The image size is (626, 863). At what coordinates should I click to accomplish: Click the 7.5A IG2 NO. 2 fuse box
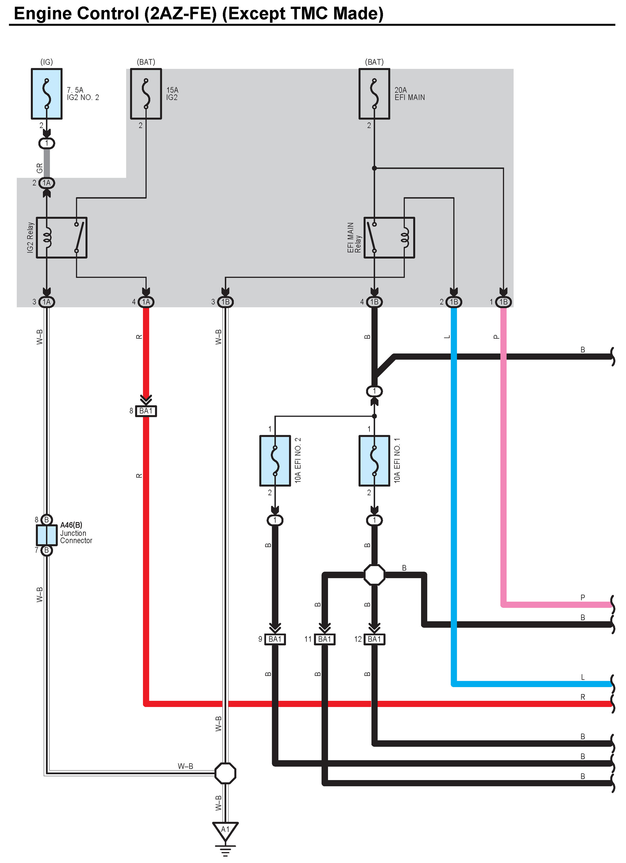click(46, 94)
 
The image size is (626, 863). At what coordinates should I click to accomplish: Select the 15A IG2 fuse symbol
click(146, 94)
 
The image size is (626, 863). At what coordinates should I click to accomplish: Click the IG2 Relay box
click(61, 238)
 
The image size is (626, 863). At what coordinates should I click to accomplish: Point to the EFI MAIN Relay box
click(389, 238)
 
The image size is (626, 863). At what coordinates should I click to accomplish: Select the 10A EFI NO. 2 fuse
click(275, 460)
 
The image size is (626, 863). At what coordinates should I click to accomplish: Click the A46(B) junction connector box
click(46, 535)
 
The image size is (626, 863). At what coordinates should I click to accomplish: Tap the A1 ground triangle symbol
click(225, 831)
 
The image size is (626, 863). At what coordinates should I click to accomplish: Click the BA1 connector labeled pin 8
click(146, 411)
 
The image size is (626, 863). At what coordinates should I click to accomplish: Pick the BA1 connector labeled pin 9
click(275, 639)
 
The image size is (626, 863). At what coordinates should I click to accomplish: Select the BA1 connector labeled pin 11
click(325, 639)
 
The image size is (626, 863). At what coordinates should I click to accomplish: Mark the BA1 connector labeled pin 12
click(374, 639)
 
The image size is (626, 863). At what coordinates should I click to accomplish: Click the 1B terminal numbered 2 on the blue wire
click(454, 302)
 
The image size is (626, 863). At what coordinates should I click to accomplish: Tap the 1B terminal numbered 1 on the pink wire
click(504, 302)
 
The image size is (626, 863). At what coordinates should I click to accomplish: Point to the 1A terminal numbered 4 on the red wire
click(146, 302)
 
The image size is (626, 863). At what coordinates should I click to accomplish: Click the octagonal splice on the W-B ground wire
click(225, 773)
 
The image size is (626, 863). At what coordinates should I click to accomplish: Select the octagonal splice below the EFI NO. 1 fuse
click(374, 574)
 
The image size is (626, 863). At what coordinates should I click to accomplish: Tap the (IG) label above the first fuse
click(46, 62)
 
